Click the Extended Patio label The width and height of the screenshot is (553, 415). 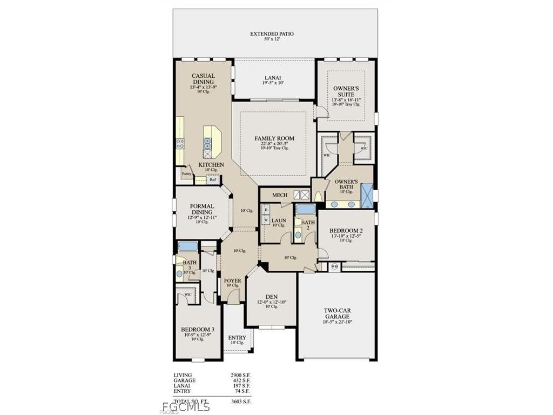272,34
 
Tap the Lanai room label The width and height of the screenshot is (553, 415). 273,77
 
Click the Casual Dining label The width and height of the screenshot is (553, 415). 203,79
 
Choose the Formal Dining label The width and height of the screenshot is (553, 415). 202,209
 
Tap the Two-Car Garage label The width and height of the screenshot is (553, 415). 336,313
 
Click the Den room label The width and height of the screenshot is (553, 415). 272,297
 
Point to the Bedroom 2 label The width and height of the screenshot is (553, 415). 346,231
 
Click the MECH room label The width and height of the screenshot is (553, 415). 279,195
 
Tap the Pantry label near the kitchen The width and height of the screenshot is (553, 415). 186,174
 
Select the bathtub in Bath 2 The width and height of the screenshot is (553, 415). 306,209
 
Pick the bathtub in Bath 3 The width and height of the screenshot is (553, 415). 188,246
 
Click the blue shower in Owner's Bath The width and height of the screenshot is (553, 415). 367,196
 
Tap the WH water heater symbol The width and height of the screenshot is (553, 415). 334,266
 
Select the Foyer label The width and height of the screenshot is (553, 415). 233,280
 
